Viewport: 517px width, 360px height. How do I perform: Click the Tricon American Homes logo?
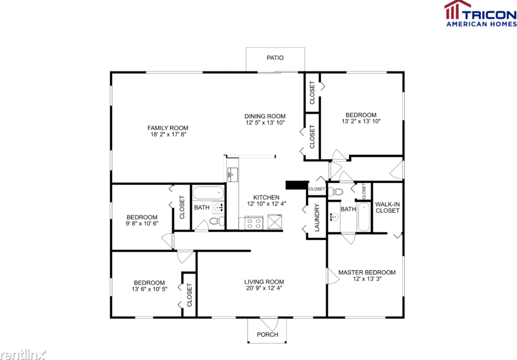pos(480,13)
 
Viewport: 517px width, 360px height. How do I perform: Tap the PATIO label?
pos(275,58)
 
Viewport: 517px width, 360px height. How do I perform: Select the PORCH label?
pos(267,334)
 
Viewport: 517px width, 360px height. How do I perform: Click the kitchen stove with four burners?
pos(254,222)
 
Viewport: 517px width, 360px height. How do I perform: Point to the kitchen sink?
pos(232,174)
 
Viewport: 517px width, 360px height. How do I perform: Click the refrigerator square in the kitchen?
pos(275,222)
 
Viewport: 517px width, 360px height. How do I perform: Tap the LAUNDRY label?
pos(317,218)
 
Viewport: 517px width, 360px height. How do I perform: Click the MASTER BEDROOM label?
pos(367,273)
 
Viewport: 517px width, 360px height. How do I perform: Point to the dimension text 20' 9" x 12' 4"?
pos(264,289)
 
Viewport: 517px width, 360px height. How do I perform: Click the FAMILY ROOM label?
pos(168,128)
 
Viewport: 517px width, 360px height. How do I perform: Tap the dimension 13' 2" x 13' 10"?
pos(361,122)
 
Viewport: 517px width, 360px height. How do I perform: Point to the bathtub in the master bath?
pos(364,217)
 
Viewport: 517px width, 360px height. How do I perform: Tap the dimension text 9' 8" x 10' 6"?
pos(142,224)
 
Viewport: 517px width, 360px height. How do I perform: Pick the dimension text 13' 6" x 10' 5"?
pos(149,290)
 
